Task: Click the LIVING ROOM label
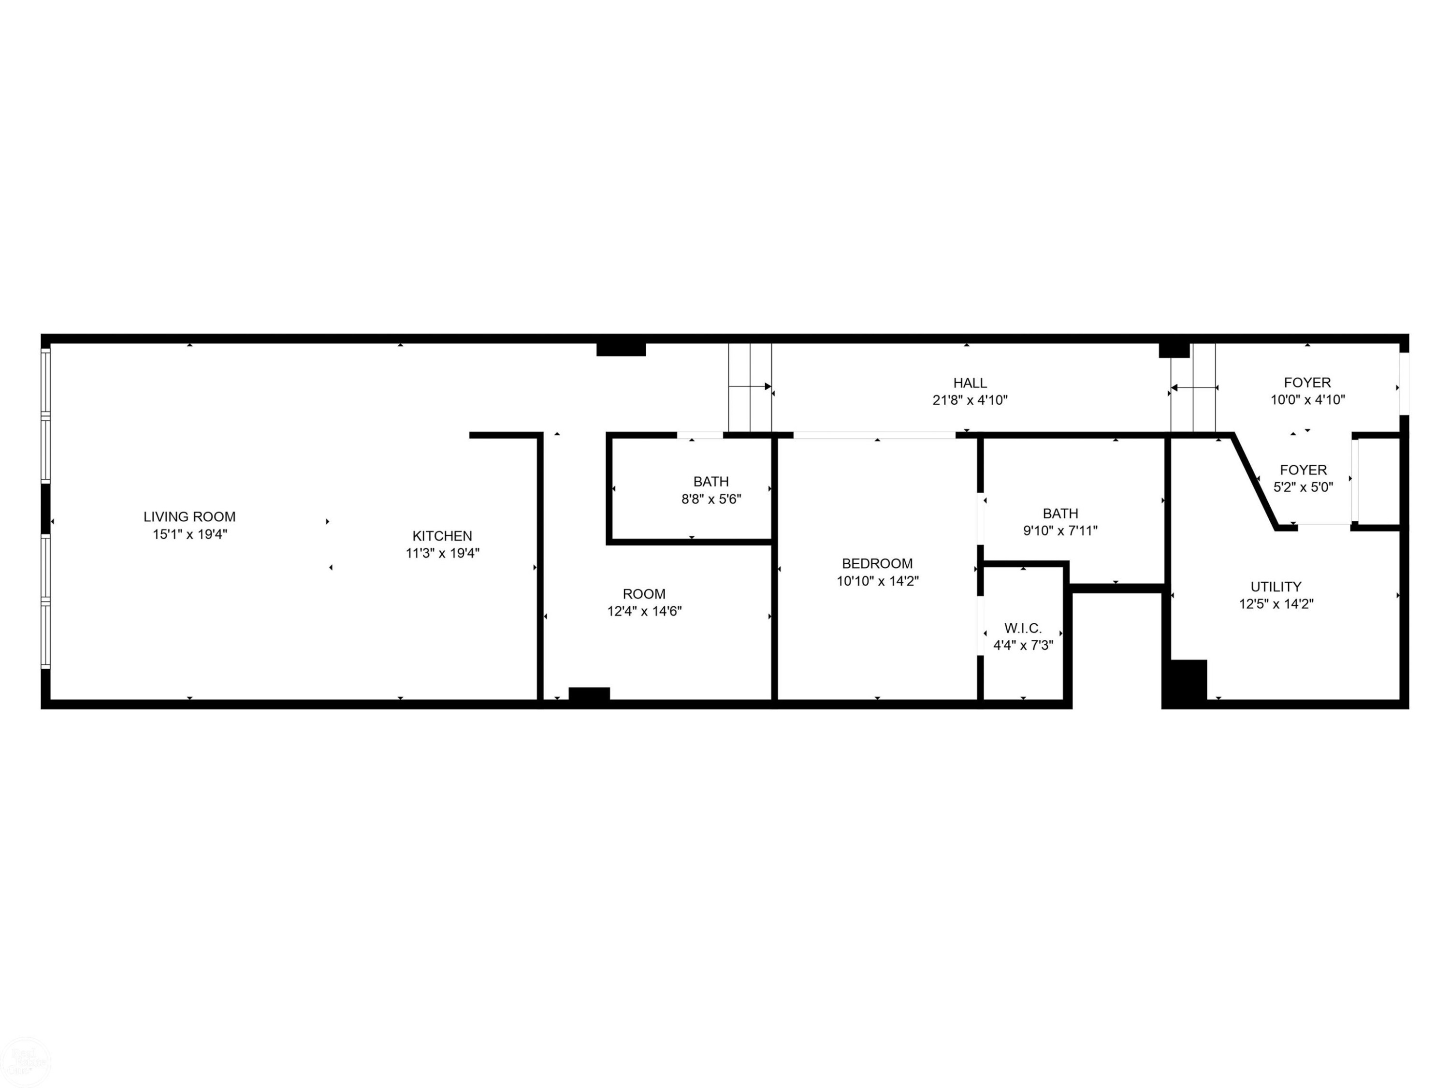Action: (x=189, y=517)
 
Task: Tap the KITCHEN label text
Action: (x=442, y=536)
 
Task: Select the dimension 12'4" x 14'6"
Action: (x=644, y=611)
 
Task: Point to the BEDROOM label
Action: (x=877, y=563)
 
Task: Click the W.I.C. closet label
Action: (x=1023, y=628)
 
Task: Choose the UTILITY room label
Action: (x=1276, y=586)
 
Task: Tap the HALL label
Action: (x=970, y=383)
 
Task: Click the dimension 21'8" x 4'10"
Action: (x=970, y=400)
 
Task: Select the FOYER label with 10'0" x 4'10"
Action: (x=1307, y=382)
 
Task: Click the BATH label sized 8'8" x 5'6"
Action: (x=710, y=481)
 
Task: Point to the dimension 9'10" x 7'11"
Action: (x=1060, y=530)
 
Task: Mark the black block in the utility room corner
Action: (x=1186, y=682)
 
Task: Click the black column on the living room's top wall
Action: (x=621, y=349)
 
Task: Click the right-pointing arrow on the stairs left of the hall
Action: (x=768, y=386)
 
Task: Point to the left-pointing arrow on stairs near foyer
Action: (x=1174, y=388)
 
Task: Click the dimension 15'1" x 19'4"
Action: (x=189, y=534)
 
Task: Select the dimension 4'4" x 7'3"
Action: (x=1023, y=646)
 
